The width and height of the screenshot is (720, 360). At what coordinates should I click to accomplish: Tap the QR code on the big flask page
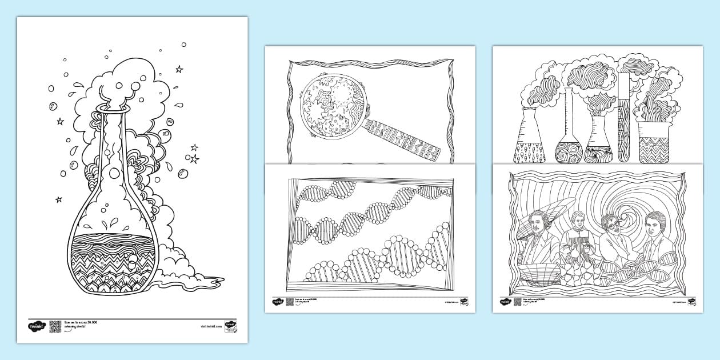[55, 326]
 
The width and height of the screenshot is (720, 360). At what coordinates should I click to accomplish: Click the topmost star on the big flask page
[179, 69]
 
